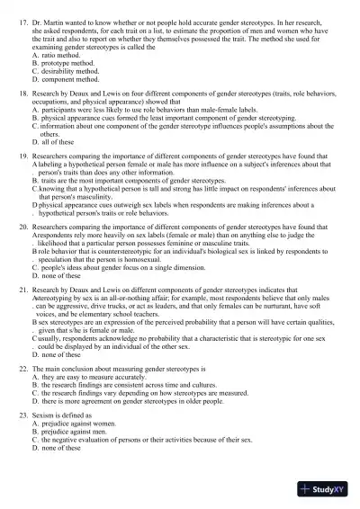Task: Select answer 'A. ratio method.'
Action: [x=58, y=56]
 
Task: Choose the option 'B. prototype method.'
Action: [x=66, y=65]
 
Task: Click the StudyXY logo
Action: [x=327, y=489]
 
